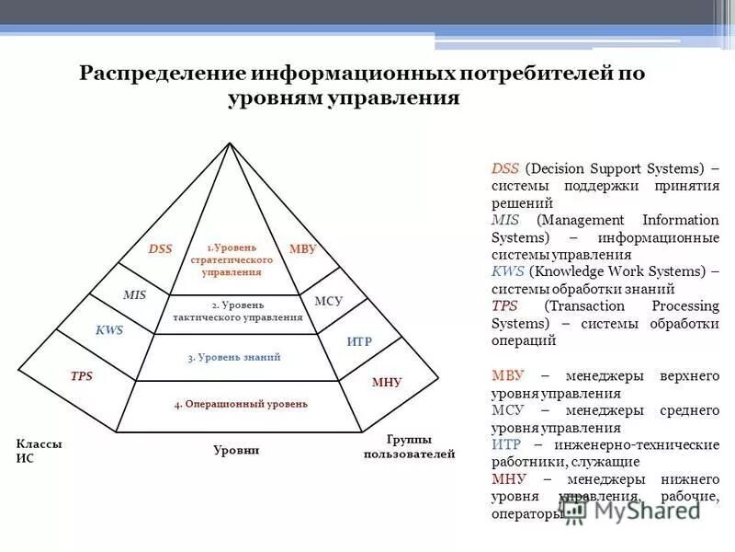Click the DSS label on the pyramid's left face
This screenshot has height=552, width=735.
tap(161, 248)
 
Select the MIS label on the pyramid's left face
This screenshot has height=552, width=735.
tap(135, 294)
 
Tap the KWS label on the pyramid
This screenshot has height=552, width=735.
tap(109, 329)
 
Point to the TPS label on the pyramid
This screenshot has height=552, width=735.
tap(82, 375)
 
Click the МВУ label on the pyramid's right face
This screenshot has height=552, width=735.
tap(302, 248)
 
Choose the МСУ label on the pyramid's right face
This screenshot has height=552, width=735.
tap(328, 301)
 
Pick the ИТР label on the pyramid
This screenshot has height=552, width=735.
tap(359, 341)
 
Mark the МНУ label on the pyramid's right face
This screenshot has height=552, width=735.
tap(387, 382)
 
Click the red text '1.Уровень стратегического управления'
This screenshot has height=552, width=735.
tap(232, 259)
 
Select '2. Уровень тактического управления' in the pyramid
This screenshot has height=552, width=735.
tap(237, 311)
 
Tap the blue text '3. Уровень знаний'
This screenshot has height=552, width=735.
tap(234, 357)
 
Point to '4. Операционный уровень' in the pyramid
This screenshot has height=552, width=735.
tap(241, 403)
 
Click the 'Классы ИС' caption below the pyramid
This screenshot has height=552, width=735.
tap(39, 451)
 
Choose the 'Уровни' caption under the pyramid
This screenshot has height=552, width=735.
tap(237, 450)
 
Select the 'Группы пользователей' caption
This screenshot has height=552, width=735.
tap(409, 446)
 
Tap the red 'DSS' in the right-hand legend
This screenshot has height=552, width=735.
tap(505, 168)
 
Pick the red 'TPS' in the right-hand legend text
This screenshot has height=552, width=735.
tap(504, 305)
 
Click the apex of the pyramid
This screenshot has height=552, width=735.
tap(228, 143)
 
